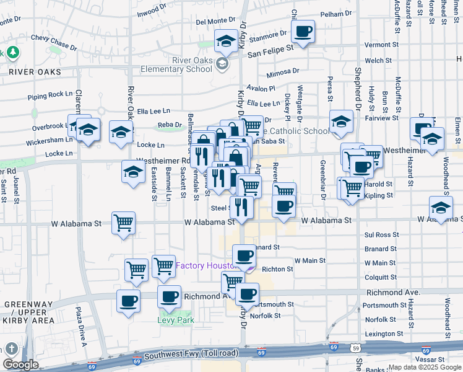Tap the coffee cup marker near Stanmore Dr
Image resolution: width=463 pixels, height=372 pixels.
click(303, 32)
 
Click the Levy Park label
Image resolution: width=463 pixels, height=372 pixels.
click(176, 321)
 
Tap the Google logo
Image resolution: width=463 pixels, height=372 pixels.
click(20, 365)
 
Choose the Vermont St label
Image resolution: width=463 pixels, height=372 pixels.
click(381, 45)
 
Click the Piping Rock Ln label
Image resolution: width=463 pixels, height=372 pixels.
click(50, 95)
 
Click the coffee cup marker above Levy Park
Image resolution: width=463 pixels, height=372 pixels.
click(169, 296)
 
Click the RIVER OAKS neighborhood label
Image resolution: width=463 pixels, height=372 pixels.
click(35, 72)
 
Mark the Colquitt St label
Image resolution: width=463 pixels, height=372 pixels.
click(380, 277)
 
